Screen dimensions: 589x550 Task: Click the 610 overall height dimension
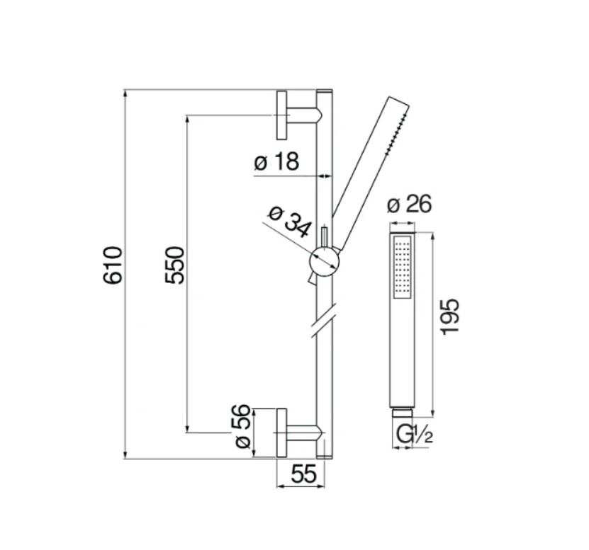coord(113,265)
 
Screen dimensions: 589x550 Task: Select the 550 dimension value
coord(175,265)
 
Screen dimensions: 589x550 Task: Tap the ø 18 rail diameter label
coord(277,161)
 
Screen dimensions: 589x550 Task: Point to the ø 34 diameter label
coord(290,222)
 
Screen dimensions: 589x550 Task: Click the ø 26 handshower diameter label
coord(410,205)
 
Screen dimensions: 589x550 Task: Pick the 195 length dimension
coord(450,317)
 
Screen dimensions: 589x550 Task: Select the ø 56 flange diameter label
coord(242,426)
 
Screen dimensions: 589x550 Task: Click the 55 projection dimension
coord(304,474)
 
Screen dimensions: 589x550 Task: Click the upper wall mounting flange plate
coord(281,115)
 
